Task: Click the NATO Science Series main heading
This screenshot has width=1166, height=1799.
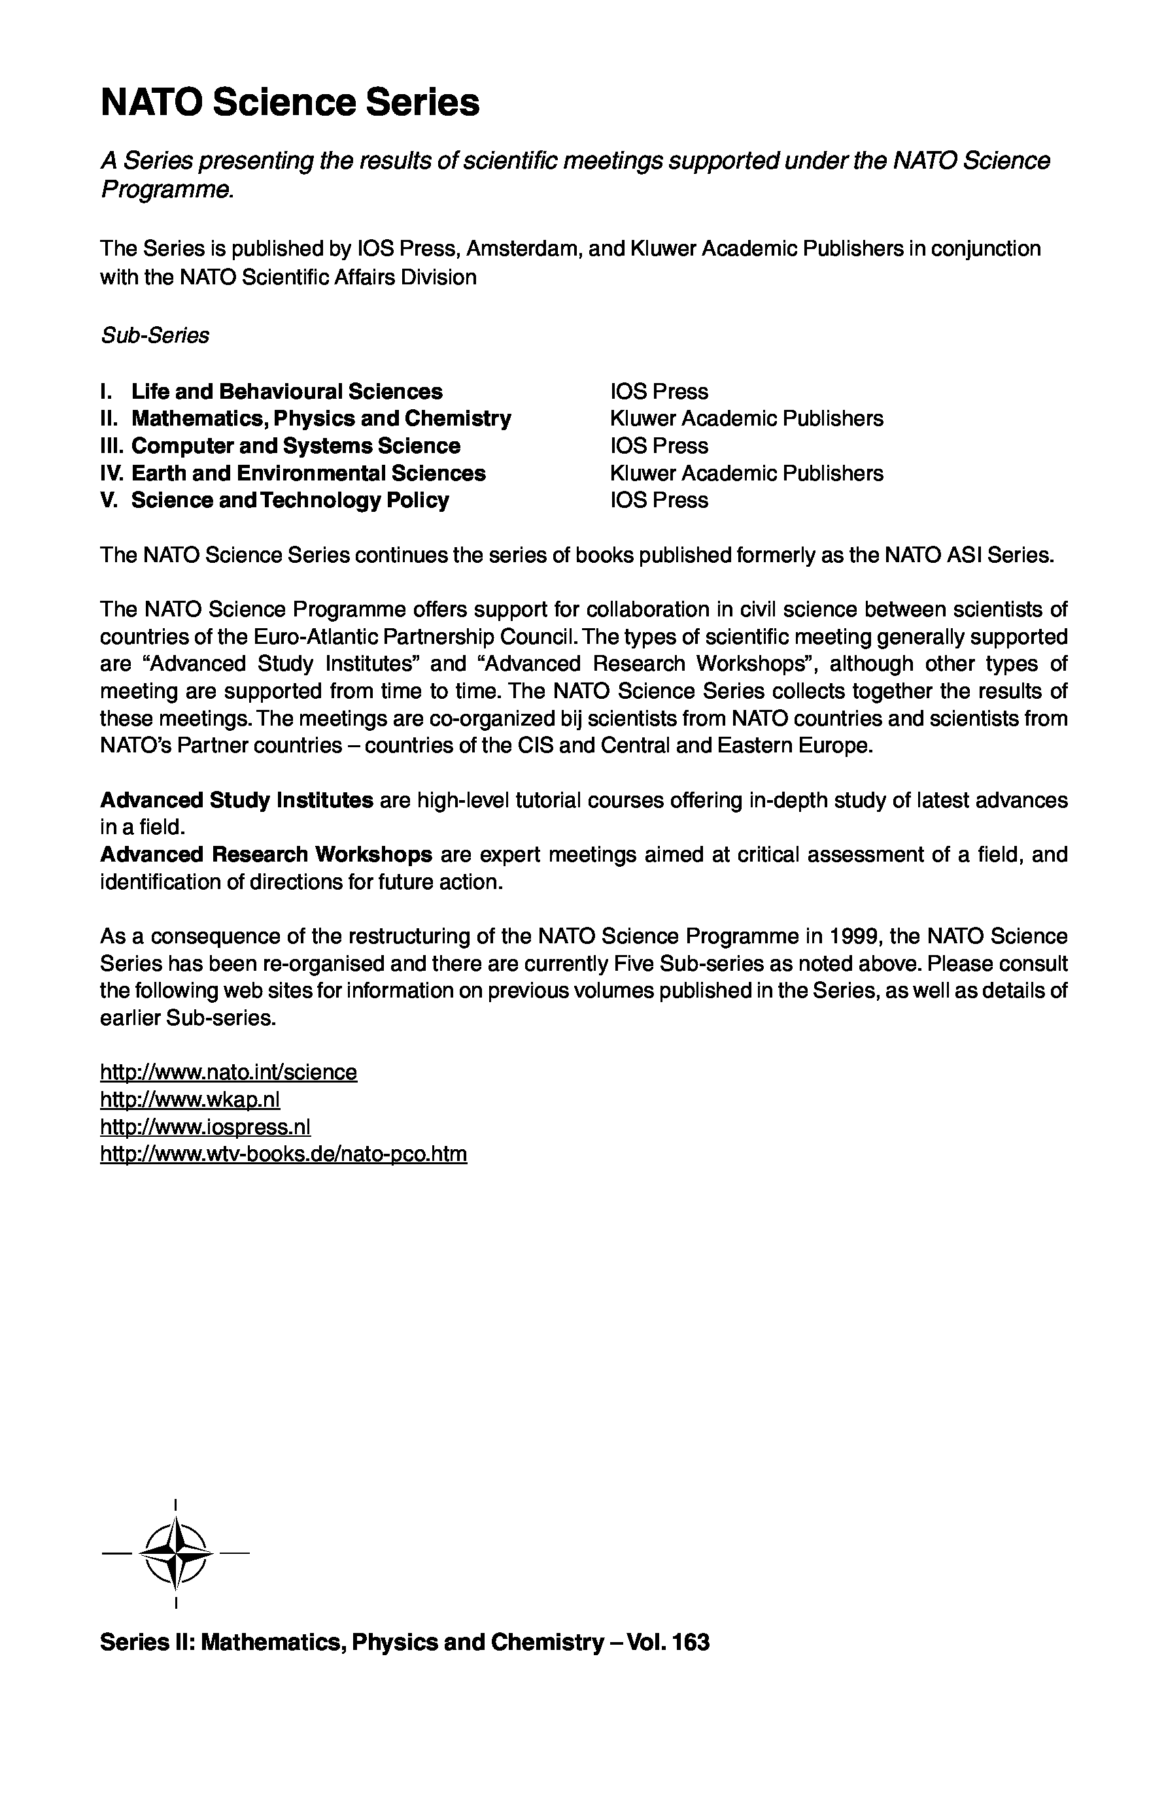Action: (x=290, y=103)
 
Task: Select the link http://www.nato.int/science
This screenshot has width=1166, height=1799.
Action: (x=228, y=1072)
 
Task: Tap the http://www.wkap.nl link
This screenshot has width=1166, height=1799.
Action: (x=190, y=1099)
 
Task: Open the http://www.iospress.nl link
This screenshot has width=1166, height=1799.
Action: (x=205, y=1126)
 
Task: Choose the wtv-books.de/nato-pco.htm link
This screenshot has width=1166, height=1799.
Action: (x=284, y=1154)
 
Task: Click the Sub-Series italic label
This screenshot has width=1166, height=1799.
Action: (x=155, y=335)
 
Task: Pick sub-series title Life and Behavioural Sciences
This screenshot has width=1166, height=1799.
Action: (x=286, y=392)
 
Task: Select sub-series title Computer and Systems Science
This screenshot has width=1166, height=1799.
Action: (x=296, y=446)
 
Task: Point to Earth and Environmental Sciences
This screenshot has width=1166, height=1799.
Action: (x=309, y=473)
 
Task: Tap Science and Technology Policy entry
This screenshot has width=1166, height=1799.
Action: (x=290, y=500)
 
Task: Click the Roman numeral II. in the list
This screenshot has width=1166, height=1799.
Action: (x=111, y=419)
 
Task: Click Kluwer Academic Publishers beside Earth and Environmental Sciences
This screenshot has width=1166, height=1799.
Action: (x=746, y=473)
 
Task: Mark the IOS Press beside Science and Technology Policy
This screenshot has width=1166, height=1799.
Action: (x=659, y=500)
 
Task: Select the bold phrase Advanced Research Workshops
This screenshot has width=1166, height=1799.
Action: (x=266, y=854)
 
